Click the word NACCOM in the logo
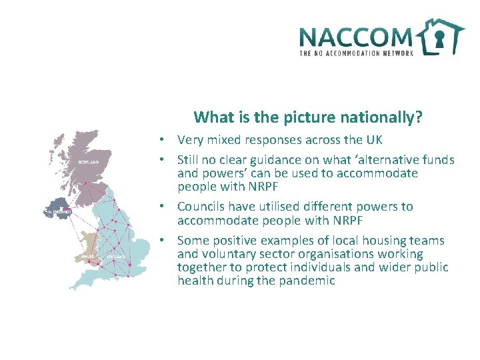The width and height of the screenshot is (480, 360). pos(355,37)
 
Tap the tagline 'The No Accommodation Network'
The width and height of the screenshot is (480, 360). pos(357,53)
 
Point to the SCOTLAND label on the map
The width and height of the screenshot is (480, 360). pos(89,162)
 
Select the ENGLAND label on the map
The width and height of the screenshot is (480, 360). pos(116,255)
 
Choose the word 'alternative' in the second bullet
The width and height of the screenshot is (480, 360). pos(387,160)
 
